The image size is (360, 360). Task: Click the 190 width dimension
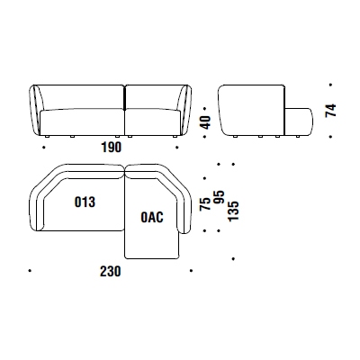pos(112,148)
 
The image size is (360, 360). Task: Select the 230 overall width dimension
pos(111,271)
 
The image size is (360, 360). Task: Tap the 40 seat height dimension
pos(206,122)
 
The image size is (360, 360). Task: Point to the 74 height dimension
pos(330,111)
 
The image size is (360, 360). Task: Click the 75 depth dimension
pos(205,204)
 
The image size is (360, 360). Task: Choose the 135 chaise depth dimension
pos(233,211)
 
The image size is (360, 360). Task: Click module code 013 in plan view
pos(85,202)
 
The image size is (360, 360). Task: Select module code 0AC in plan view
pos(152,217)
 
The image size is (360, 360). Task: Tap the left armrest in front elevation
pos(37,111)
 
